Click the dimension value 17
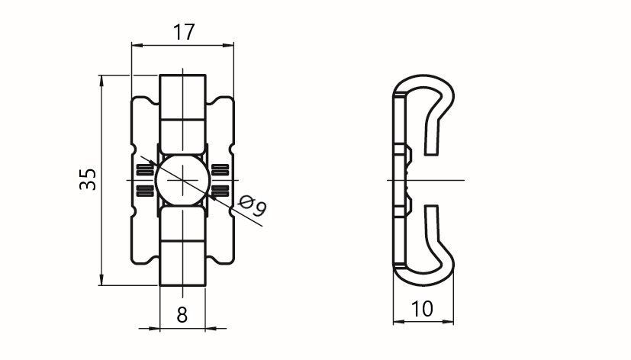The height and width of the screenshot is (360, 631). coord(184,32)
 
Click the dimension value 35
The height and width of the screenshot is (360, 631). coord(89,179)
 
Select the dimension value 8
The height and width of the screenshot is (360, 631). coord(182,314)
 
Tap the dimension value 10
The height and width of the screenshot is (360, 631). coord(422,309)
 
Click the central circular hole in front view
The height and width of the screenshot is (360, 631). coord(182,180)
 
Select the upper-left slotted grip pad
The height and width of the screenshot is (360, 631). coord(145,170)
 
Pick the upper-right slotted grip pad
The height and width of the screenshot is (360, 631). coord(221,170)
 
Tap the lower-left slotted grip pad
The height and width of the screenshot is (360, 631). coord(145,191)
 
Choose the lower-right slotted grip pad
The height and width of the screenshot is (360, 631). coord(221,191)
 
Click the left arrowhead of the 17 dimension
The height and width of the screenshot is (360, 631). coord(137,46)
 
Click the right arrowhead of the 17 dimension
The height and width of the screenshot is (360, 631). coord(229,46)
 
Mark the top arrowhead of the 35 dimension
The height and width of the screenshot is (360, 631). coord(101,80)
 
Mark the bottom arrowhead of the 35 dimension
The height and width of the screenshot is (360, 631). coord(101,280)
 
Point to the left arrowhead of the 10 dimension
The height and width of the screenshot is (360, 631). coord(398,321)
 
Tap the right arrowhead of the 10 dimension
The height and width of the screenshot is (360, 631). coord(448,321)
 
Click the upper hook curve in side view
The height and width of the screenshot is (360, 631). coord(443,86)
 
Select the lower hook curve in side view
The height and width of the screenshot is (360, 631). coord(443,274)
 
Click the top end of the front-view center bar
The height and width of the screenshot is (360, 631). coord(182,76)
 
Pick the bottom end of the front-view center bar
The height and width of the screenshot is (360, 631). coord(182,284)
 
